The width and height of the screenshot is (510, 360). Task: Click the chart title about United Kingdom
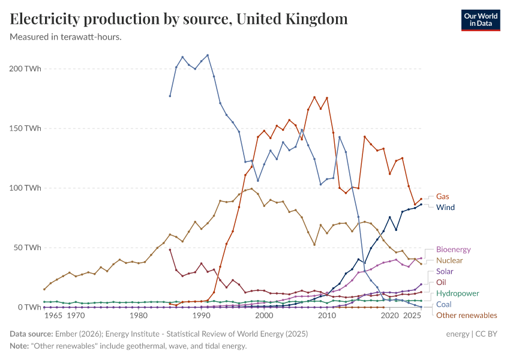point(179,19)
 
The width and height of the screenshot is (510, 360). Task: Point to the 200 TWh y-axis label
point(25,68)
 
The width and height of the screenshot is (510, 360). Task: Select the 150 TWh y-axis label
point(25,128)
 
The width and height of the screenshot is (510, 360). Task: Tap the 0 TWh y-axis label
point(29,307)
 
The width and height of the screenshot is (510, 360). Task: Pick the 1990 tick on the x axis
point(201,316)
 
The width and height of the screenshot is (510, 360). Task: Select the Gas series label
point(442,196)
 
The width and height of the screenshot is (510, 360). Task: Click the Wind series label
point(445,208)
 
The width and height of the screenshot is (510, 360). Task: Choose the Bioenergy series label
point(453,250)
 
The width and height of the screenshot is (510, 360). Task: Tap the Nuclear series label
point(449,260)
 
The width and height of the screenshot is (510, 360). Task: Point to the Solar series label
point(445,271)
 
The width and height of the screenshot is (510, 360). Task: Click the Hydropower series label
point(457,293)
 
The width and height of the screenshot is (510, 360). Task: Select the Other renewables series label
point(466,315)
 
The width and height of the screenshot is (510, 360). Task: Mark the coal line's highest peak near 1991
point(208,55)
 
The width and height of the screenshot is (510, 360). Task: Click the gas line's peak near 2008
point(314,97)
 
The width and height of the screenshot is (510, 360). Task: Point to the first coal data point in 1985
point(170,96)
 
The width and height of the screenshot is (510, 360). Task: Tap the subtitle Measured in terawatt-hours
point(66,37)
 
